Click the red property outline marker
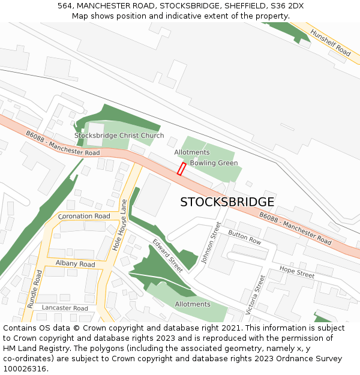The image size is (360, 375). [181, 169]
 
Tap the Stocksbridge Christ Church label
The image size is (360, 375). [119, 136]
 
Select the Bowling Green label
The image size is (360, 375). [214, 163]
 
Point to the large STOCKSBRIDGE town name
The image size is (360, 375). [227, 202]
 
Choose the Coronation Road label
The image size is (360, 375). [84, 216]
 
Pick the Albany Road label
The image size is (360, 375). [75, 264]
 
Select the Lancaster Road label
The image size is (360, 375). [65, 308]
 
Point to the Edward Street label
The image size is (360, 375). [167, 256]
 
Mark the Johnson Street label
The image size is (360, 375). [211, 243]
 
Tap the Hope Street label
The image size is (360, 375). [296, 273]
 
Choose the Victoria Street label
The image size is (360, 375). [256, 295]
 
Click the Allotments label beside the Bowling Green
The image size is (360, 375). [192, 152]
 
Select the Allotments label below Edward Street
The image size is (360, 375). [193, 304]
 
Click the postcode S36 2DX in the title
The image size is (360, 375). [286, 5]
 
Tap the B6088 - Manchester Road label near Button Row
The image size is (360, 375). [295, 229]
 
